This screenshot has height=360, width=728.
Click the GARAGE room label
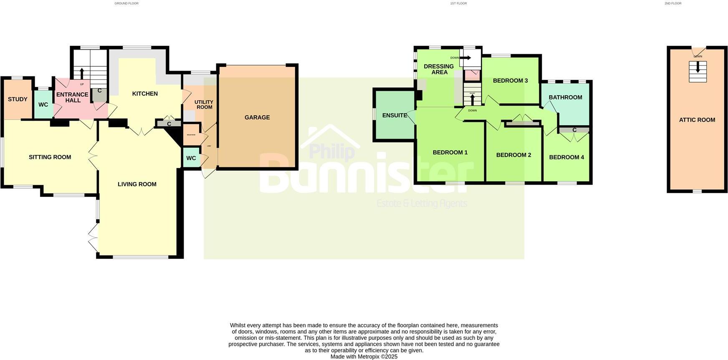click(x=257, y=117)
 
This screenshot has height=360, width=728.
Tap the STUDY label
click(x=18, y=99)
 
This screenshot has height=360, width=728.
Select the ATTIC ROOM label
click(x=697, y=120)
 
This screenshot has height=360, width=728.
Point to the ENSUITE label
click(x=394, y=115)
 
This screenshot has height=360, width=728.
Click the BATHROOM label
click(x=565, y=97)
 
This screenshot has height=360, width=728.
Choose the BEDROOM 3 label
click(x=510, y=81)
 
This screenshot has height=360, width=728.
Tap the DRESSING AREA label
click(x=439, y=69)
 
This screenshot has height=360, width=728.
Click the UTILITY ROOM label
click(x=204, y=104)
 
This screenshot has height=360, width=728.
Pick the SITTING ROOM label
click(x=50, y=157)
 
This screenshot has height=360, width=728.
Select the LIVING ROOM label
click(x=137, y=184)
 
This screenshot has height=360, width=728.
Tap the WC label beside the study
click(x=43, y=105)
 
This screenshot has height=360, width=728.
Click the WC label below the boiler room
click(x=191, y=158)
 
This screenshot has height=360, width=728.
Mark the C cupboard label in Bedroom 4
click(x=574, y=130)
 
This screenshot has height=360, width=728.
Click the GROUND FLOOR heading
click(x=126, y=3)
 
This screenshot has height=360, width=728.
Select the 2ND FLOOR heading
click(x=673, y=3)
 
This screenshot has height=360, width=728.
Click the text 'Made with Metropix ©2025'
click(x=364, y=357)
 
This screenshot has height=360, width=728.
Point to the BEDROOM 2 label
click(x=513, y=155)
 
